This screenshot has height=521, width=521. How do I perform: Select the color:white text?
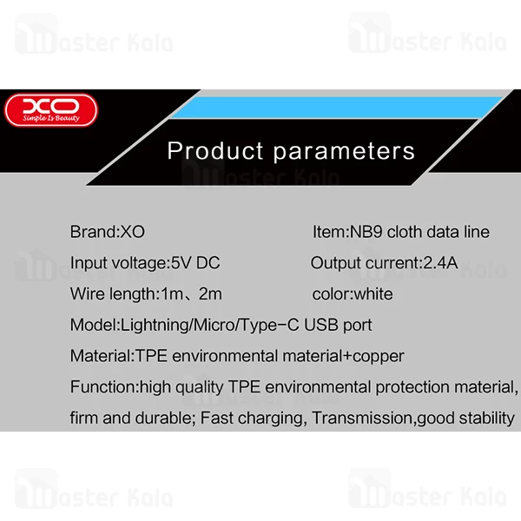(x=352, y=293)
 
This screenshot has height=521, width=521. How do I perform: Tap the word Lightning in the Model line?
(x=155, y=325)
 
